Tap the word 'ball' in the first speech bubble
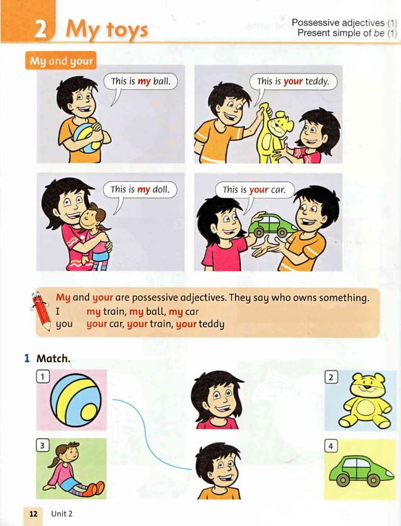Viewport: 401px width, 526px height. pos(162,81)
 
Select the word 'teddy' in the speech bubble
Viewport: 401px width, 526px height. pos(318,81)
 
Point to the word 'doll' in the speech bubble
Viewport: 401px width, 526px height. pos(162,189)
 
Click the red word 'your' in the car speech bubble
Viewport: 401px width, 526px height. pos(259,189)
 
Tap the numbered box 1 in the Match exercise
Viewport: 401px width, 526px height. pos(43,376)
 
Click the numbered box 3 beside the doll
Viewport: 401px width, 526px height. pos(43,446)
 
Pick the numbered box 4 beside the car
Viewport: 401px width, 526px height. pos(332,446)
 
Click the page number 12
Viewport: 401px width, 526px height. pos(33,513)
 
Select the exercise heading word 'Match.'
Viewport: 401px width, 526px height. pos(53,359)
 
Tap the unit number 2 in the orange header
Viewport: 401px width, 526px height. pos(38,28)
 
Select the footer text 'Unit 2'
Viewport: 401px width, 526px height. pos(62,513)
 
